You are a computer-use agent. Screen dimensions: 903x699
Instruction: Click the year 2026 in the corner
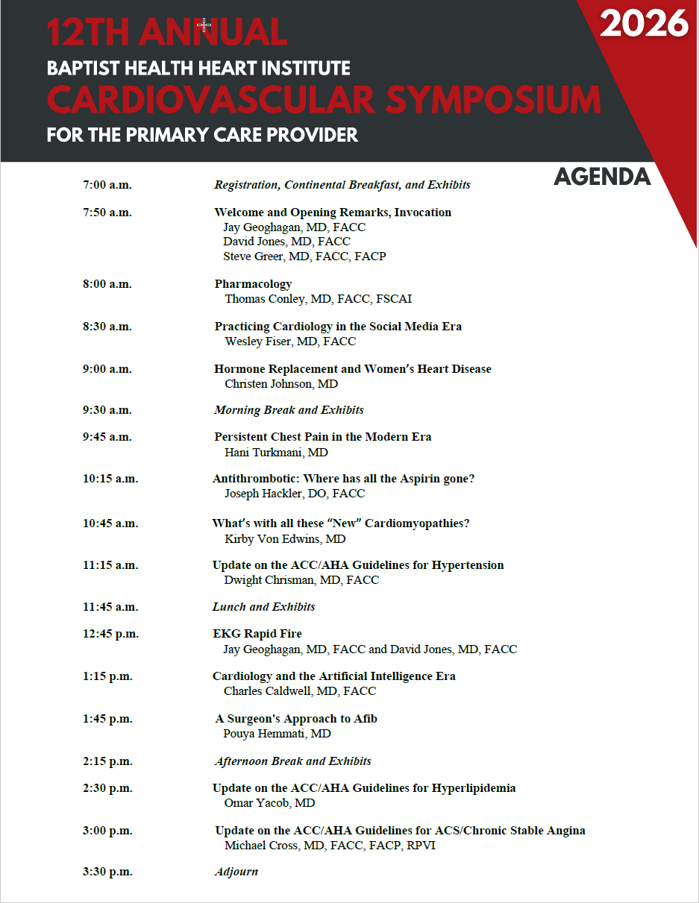(x=644, y=24)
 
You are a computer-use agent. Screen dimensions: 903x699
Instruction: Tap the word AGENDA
(x=602, y=177)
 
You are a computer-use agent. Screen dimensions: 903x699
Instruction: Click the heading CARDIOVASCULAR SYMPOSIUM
(x=324, y=100)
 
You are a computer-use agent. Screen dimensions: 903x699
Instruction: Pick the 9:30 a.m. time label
(x=107, y=410)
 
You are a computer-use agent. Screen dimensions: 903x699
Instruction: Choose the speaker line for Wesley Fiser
(x=290, y=342)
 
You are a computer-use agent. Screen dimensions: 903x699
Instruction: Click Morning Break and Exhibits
(x=289, y=410)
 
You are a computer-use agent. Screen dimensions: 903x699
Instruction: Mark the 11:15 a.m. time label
(x=110, y=565)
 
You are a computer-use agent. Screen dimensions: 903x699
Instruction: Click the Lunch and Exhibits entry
(x=263, y=607)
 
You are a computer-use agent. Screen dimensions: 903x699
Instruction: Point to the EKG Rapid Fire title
(x=257, y=634)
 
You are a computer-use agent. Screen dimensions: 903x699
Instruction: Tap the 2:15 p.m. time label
(x=107, y=761)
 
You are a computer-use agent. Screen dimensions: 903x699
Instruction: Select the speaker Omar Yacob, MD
(x=269, y=803)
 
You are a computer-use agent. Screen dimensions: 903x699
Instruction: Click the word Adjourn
(x=236, y=872)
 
